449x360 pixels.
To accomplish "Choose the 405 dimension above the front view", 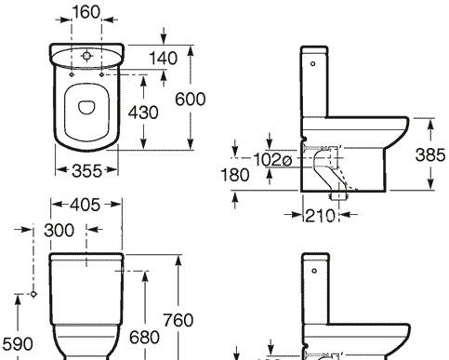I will point(87,204).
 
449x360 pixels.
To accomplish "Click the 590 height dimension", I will point(19,344).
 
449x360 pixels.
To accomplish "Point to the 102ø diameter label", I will point(273,160).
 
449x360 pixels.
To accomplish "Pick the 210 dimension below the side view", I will point(320,216).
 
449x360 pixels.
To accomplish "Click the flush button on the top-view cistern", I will point(87,57).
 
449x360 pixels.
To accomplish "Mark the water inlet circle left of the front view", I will point(33,294).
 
